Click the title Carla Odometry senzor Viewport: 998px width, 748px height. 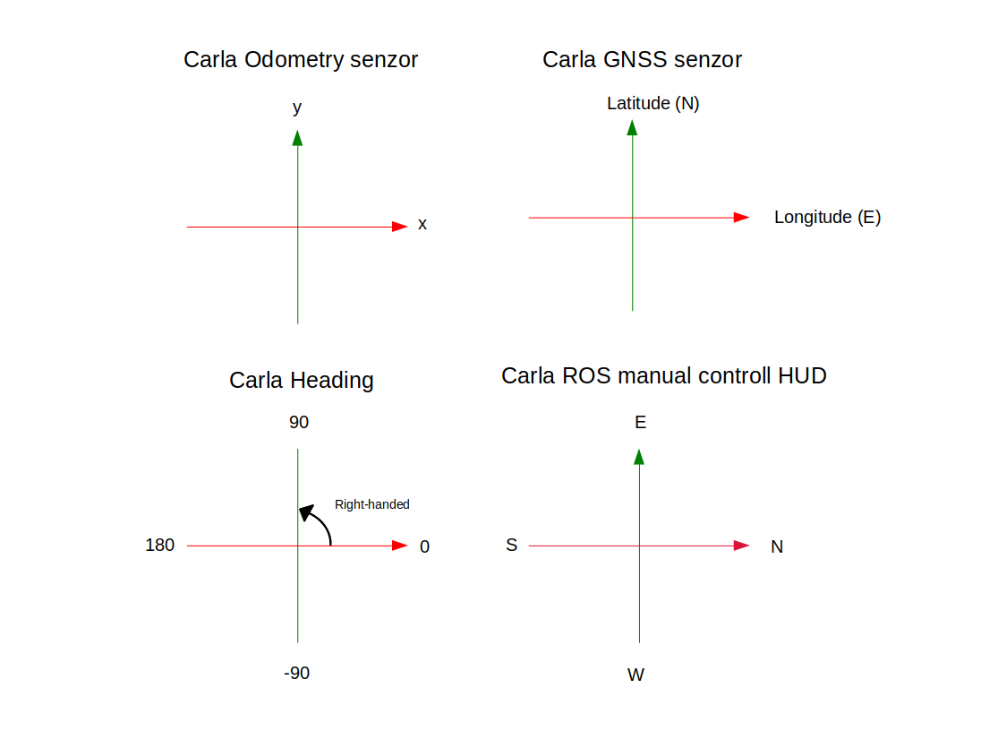[x=301, y=60]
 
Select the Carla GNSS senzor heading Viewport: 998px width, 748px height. [x=642, y=60]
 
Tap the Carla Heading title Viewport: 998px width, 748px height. [x=301, y=380]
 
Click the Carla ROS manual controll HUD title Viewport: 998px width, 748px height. [x=663, y=375]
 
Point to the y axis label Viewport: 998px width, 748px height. [x=297, y=107]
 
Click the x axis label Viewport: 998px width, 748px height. [x=422, y=224]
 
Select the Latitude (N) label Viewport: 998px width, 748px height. [x=653, y=103]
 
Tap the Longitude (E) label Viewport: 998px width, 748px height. [x=827, y=217]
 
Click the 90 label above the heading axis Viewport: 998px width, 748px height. [x=298, y=422]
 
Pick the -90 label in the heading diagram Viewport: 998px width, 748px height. [x=296, y=673]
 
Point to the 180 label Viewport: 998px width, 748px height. [x=159, y=545]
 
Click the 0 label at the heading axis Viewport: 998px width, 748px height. [x=424, y=546]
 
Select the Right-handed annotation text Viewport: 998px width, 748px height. [x=371, y=504]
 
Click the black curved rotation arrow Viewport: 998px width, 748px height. [x=317, y=523]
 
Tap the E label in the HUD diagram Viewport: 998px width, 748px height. [x=640, y=422]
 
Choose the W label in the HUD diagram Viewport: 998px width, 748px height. [x=635, y=675]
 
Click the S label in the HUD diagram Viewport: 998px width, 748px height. [x=511, y=545]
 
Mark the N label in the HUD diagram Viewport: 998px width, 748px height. [x=776, y=546]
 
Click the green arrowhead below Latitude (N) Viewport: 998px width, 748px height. [x=632, y=127]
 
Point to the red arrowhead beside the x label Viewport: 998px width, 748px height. [x=399, y=227]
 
